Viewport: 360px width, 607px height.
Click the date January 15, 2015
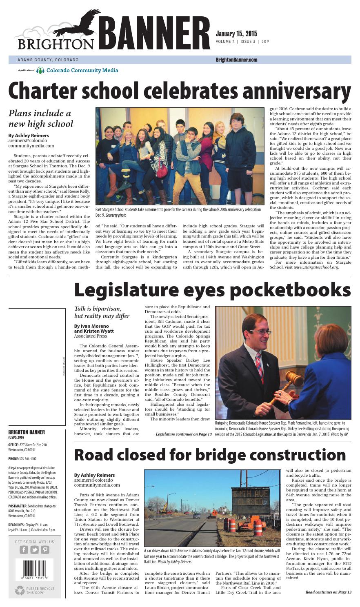point(236,33)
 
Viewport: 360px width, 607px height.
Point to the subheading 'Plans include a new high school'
point(41,118)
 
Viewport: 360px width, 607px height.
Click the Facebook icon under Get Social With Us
point(24,549)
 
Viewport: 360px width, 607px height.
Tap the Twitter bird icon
point(34,549)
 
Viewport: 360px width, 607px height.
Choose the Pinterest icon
point(45,549)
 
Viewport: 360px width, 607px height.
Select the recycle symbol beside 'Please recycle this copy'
point(19,590)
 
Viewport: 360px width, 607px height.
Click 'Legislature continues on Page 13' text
point(183,434)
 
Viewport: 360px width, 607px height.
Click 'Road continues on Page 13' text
point(328,592)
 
